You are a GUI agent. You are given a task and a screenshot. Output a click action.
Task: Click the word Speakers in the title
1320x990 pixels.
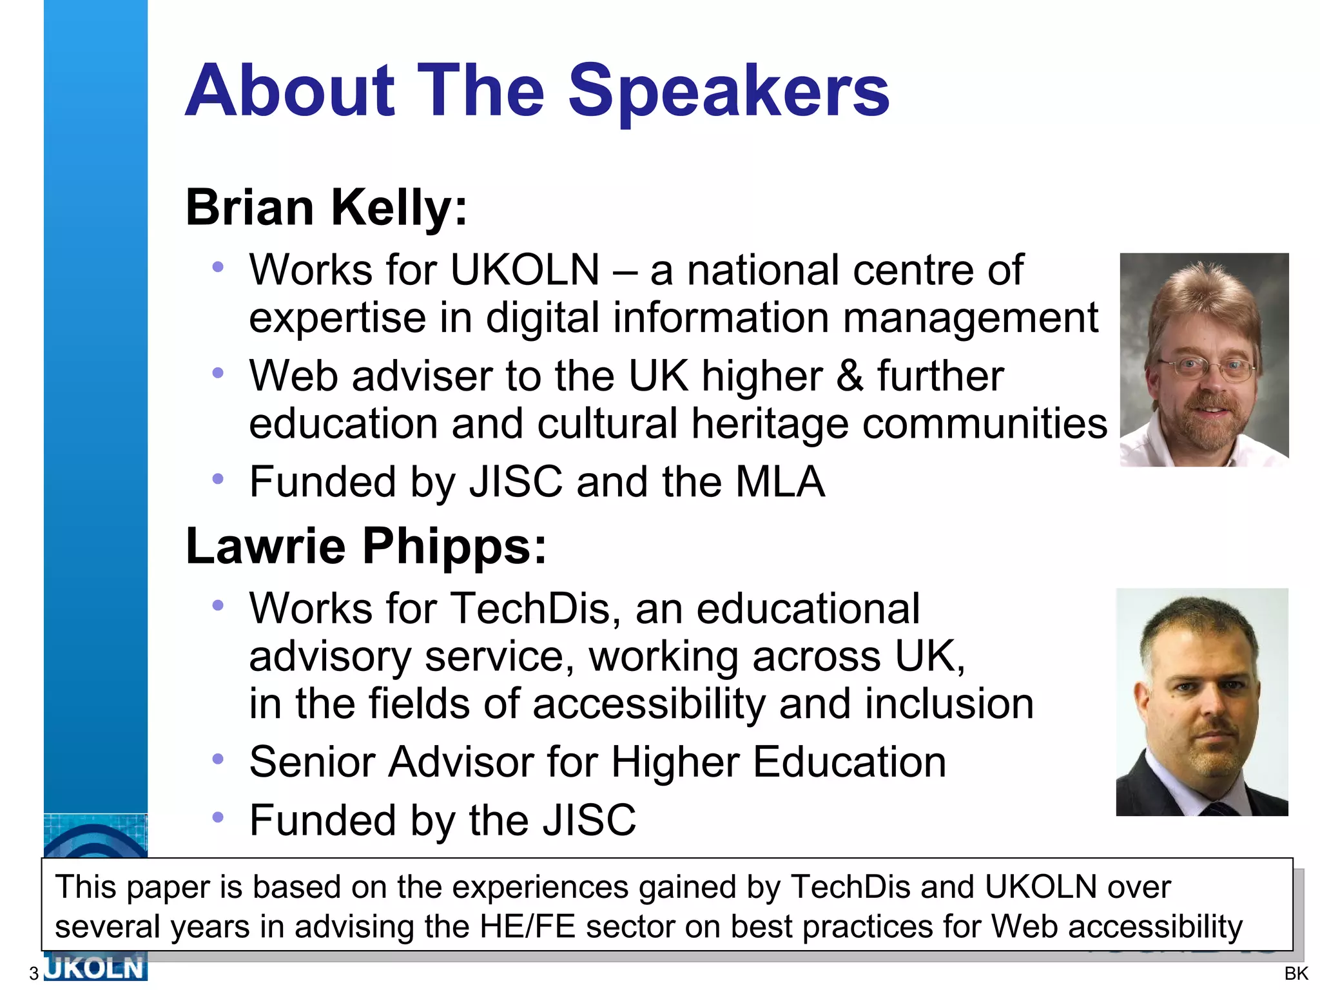point(728,92)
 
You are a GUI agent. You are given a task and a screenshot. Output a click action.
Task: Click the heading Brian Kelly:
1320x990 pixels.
point(326,208)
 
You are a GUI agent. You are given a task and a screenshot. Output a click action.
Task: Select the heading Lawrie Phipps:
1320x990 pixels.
point(366,546)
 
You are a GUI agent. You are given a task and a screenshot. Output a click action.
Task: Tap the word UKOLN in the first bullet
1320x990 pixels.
point(525,269)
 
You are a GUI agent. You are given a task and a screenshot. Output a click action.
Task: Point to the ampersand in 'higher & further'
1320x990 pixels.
point(849,376)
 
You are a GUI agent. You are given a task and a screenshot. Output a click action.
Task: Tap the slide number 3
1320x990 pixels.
point(34,973)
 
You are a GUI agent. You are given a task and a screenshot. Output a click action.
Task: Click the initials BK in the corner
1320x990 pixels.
point(1296,973)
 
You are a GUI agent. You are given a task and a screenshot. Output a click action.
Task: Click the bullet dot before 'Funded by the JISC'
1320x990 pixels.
point(218,817)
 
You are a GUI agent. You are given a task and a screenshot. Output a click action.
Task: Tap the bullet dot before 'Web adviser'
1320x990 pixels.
point(218,373)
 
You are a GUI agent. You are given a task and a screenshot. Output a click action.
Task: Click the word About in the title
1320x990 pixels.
point(290,92)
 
